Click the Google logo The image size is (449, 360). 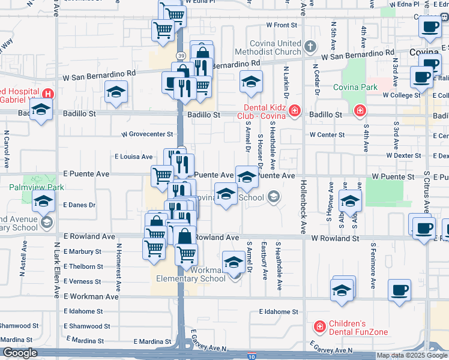tap(19, 353)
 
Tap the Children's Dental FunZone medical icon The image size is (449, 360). tap(320, 326)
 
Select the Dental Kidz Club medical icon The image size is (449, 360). tap(294, 110)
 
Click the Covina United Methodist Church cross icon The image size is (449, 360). tap(310, 46)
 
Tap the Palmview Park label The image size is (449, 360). tap(36, 187)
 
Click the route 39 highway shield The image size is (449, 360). tap(180, 55)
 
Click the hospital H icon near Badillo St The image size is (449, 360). tap(47, 94)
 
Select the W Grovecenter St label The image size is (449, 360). tap(147, 134)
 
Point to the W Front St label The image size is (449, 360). tap(282, 25)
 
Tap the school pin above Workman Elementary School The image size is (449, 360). tap(234, 262)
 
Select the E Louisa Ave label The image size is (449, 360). tap(134, 157)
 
